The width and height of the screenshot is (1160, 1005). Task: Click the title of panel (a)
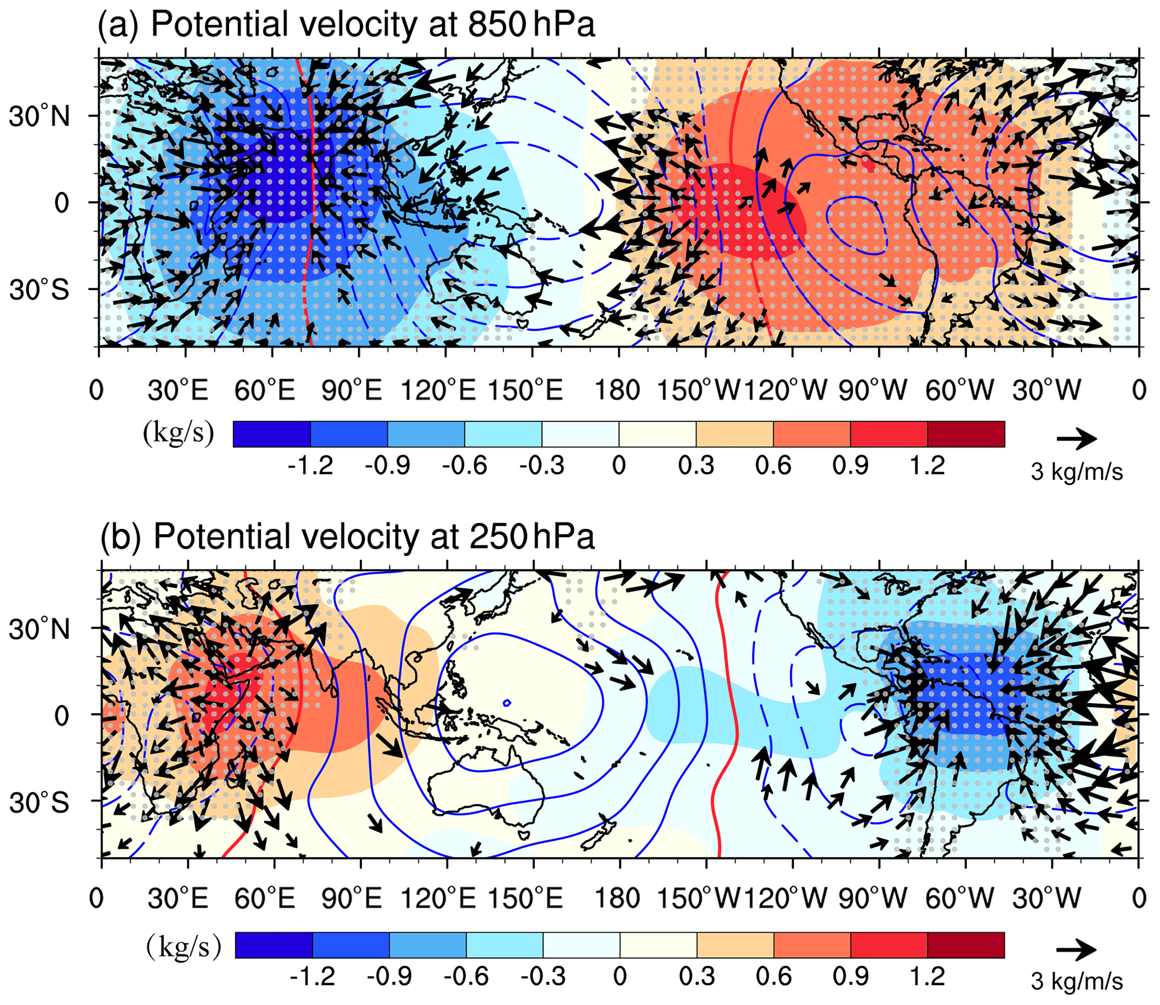[346, 25]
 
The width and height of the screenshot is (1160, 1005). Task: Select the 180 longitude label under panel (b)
[617, 898]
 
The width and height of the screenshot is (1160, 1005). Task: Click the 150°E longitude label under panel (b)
[525, 898]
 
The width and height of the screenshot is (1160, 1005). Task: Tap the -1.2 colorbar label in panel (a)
[310, 465]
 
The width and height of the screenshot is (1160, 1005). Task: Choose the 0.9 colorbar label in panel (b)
[851, 976]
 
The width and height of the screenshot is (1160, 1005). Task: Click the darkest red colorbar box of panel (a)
[966, 434]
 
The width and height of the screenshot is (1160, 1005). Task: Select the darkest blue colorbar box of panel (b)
[274, 945]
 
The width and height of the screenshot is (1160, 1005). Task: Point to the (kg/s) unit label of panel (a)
[178, 433]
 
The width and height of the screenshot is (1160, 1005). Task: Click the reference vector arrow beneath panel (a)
[1076, 439]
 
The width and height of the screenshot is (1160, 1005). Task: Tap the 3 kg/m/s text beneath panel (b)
[1076, 981]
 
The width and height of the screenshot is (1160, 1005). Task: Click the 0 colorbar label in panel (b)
[620, 976]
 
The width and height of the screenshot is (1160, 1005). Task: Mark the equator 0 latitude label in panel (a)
[62, 203]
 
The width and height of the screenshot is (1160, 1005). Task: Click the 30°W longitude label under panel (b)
[1047, 898]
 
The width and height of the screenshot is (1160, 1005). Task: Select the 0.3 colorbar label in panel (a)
[696, 465]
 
